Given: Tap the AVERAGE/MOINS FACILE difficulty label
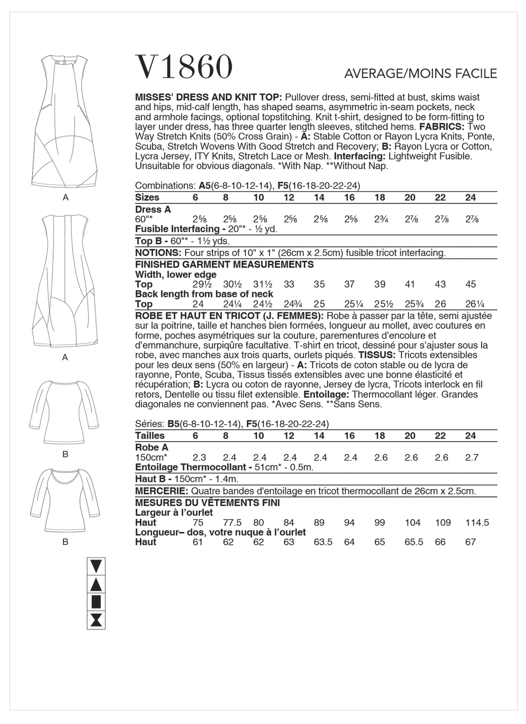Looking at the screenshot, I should [420, 74].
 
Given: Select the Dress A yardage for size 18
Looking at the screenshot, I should [380, 219].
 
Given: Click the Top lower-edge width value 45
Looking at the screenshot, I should [470, 284].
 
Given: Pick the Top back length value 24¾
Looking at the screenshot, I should [289, 304].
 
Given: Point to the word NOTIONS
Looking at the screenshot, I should [157, 253].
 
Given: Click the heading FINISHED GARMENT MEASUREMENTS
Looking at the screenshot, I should [224, 265].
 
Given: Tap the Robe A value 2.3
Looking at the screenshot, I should [199, 457].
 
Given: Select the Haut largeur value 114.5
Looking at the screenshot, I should [477, 523].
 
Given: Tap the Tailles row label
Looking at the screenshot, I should [150, 435].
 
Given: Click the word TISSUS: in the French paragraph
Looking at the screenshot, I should [377, 355].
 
